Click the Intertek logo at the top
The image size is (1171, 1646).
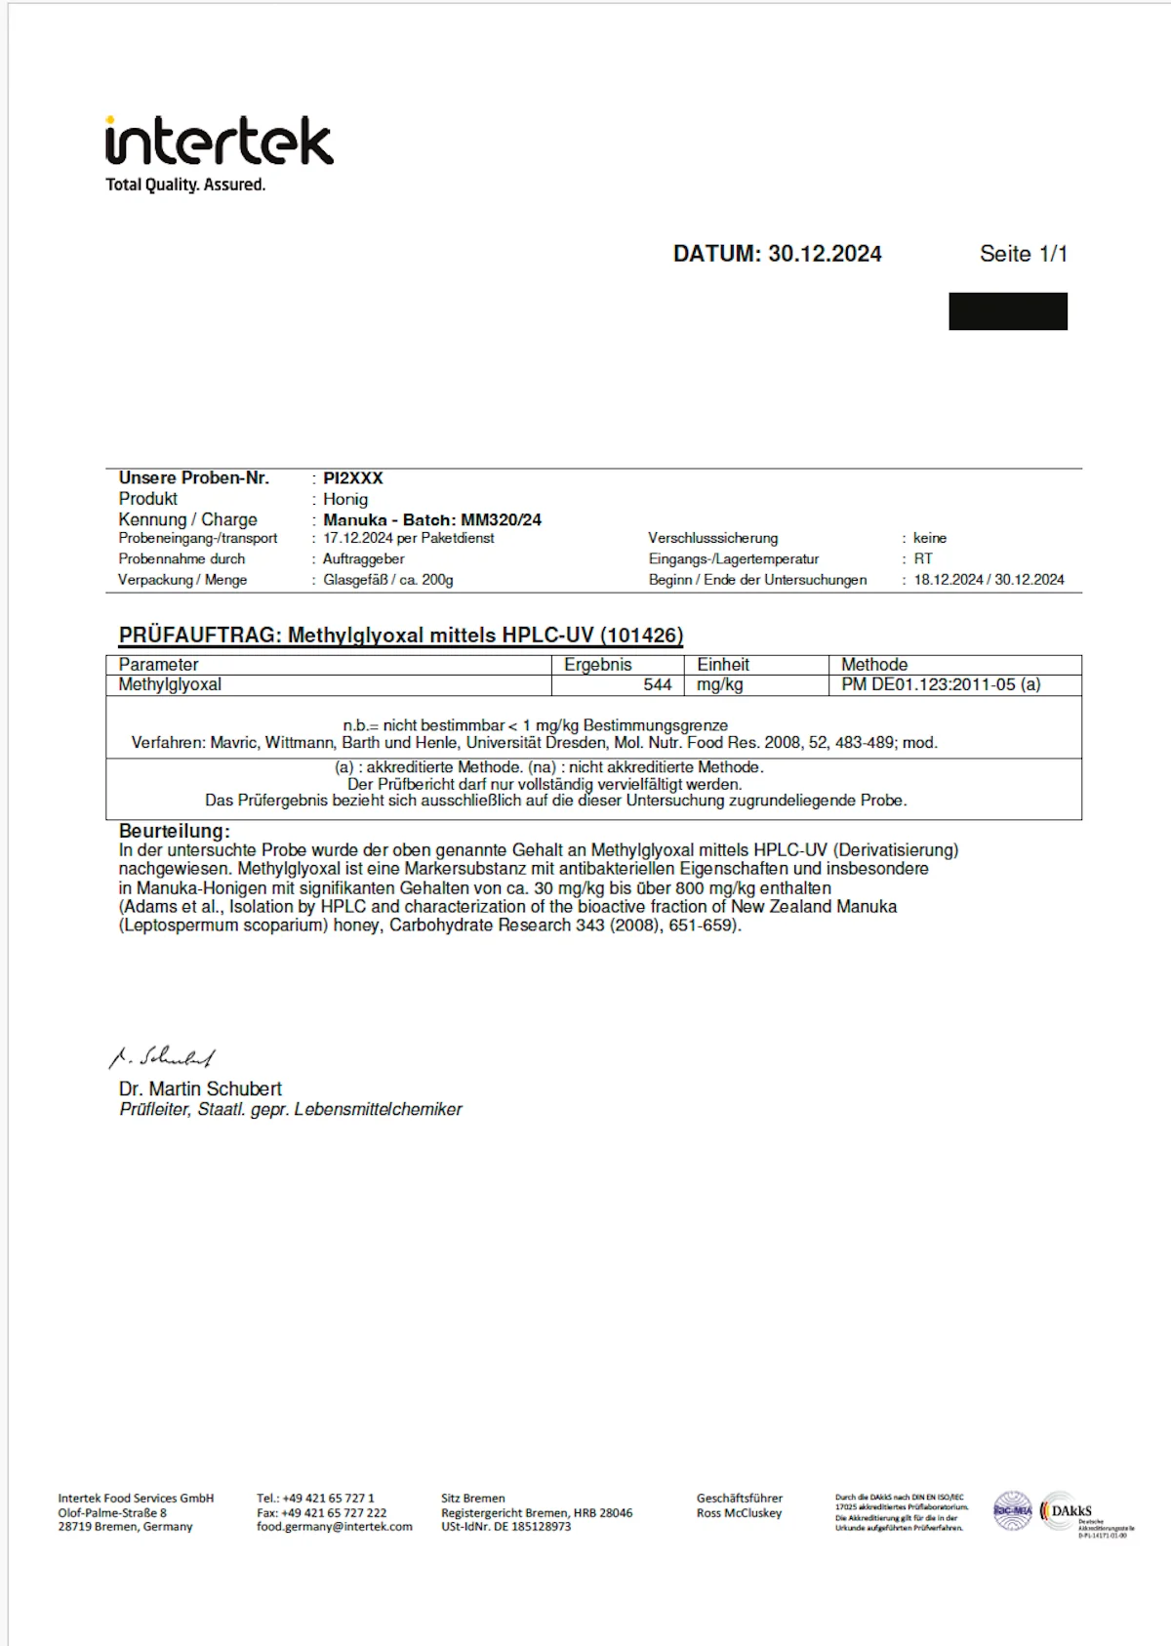pyautogui.click(x=219, y=143)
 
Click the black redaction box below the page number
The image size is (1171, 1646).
pyautogui.click(x=1007, y=311)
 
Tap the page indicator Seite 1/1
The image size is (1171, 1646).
pyautogui.click(x=1023, y=254)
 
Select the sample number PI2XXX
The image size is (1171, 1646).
pyautogui.click(x=353, y=478)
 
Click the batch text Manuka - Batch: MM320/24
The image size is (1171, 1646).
pyautogui.click(x=432, y=519)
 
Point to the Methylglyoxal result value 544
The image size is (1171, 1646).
pyautogui.click(x=657, y=685)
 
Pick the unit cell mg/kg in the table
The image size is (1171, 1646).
pyautogui.click(x=720, y=685)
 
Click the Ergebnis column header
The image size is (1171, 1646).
pyautogui.click(x=598, y=665)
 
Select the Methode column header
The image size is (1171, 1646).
pyautogui.click(x=874, y=665)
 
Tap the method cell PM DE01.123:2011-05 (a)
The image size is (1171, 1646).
pyautogui.click(x=941, y=685)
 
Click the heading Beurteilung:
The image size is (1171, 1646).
pyautogui.click(x=175, y=831)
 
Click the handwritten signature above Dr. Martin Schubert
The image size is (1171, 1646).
pyautogui.click(x=162, y=1057)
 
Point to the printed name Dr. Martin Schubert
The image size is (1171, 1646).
pyautogui.click(x=200, y=1089)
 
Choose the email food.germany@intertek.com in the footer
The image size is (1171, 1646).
pyautogui.click(x=335, y=1527)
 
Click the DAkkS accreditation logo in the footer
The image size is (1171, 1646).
pyautogui.click(x=1071, y=1511)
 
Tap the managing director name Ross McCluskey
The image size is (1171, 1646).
pyautogui.click(x=739, y=1513)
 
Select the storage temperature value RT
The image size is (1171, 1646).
pyautogui.click(x=923, y=559)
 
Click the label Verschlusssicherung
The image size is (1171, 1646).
pyautogui.click(x=713, y=538)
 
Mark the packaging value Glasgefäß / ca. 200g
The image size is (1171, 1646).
pyautogui.click(x=388, y=580)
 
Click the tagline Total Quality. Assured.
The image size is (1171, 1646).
pyautogui.click(x=185, y=185)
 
